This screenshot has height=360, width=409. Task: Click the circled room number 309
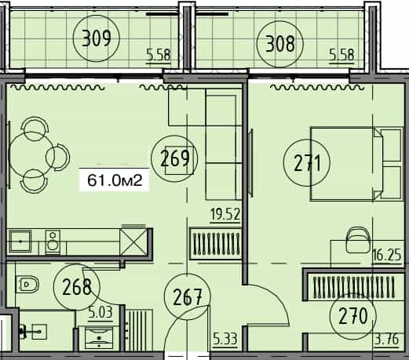[x=97, y=37]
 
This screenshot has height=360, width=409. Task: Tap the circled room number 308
[x=279, y=42]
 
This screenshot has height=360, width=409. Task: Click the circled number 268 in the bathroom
[x=76, y=288]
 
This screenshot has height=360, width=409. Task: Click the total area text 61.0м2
[x=114, y=181]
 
